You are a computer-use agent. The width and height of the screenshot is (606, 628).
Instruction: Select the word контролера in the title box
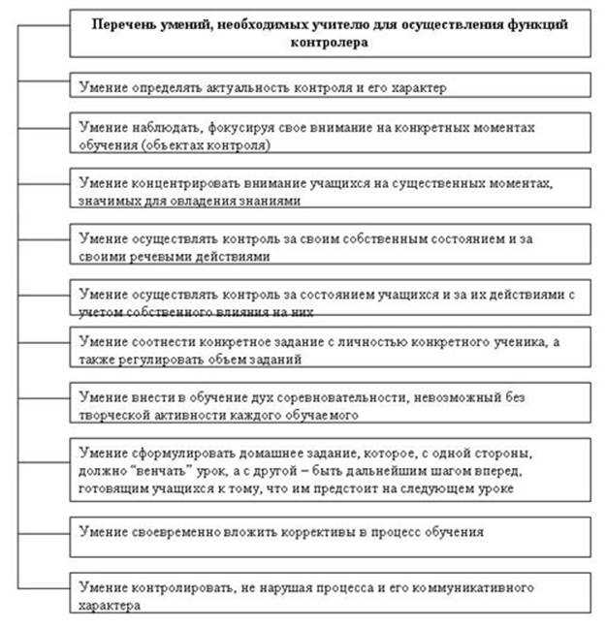coord(331,43)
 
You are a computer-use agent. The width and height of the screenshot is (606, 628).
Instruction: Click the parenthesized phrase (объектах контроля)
coord(203,144)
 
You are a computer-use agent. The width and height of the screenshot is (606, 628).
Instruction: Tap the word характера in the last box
coord(107,605)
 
